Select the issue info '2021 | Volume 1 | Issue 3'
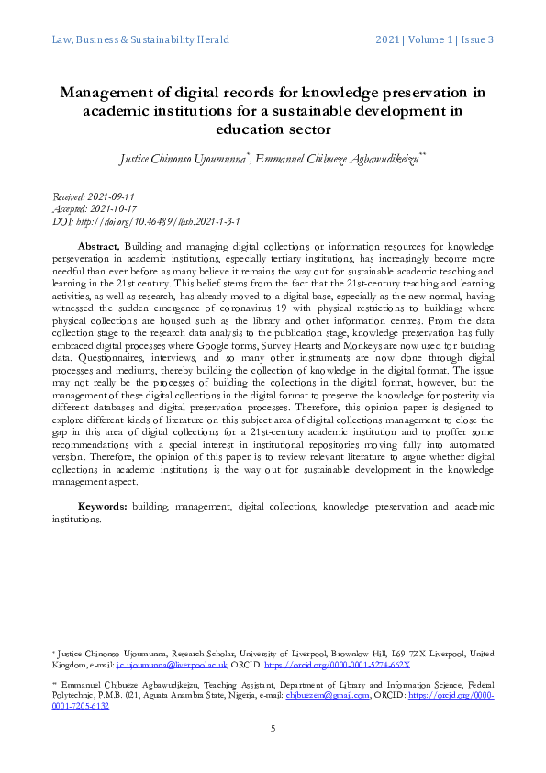(x=435, y=39)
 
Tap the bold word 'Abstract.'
(x=99, y=248)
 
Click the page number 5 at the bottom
(x=273, y=728)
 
